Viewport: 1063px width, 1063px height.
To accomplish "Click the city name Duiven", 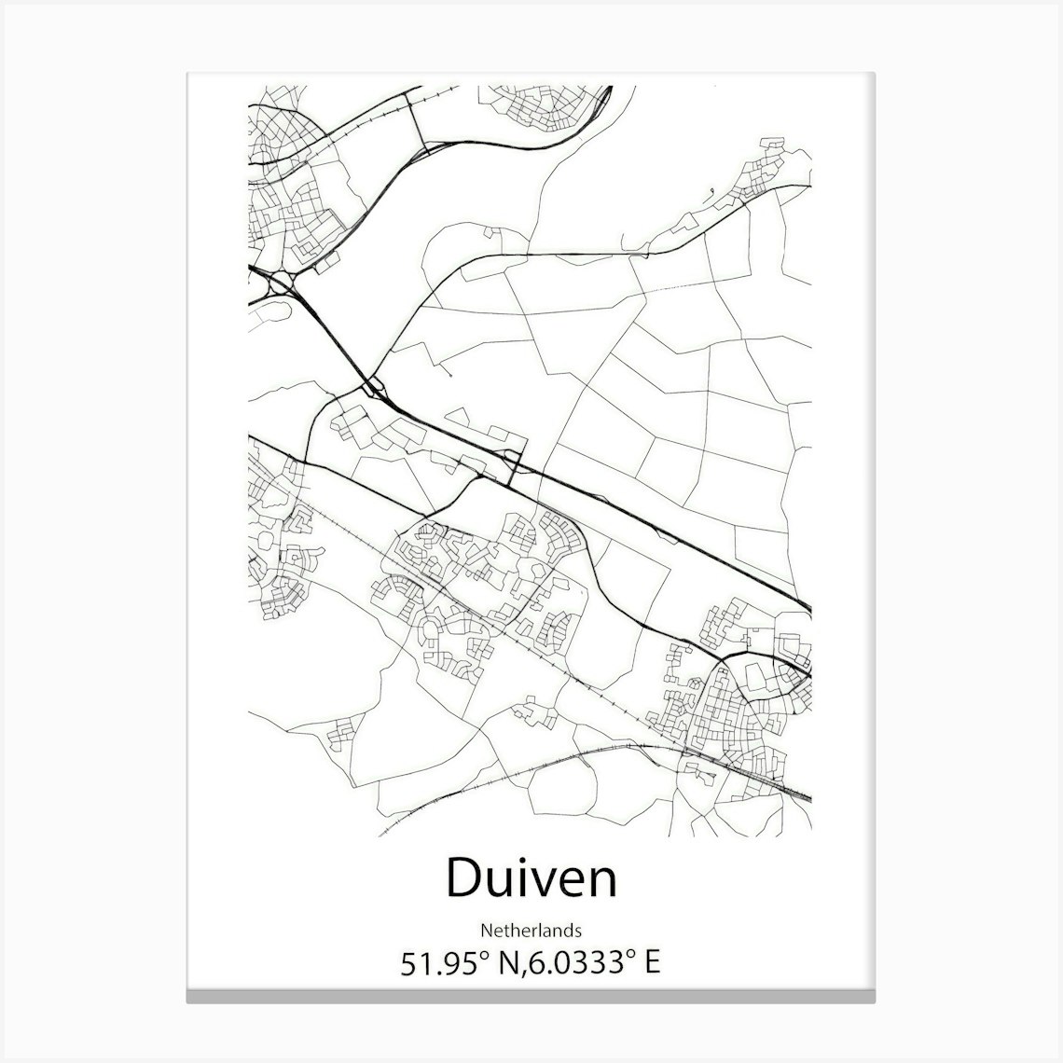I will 531,879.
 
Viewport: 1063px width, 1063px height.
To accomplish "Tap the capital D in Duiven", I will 463,879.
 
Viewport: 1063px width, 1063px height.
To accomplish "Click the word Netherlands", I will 531,930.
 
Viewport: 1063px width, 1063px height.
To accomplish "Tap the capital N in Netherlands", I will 486,930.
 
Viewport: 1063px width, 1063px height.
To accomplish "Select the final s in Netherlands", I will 579,931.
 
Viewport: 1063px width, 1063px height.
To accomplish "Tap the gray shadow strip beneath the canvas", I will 531,998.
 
